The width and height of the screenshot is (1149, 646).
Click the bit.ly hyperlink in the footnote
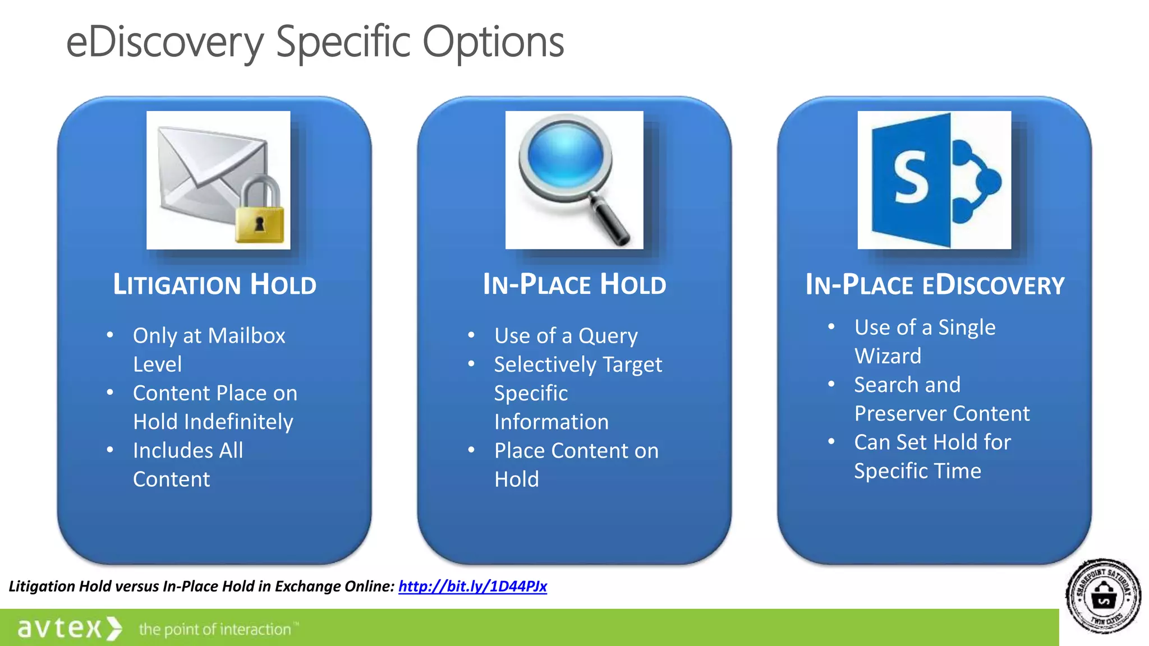472,586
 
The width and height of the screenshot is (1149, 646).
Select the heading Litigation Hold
214,284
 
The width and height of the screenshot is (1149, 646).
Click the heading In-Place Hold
574,284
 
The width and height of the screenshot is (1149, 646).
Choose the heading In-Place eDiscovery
935,284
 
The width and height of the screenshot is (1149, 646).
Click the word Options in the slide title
493,42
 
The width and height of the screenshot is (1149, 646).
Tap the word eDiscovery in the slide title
164,42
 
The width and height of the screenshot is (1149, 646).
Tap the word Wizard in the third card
888,356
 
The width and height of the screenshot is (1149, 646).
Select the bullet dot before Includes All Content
110,450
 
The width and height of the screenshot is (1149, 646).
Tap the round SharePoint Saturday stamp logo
1103,596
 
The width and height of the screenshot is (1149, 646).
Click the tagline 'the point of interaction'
216,629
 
